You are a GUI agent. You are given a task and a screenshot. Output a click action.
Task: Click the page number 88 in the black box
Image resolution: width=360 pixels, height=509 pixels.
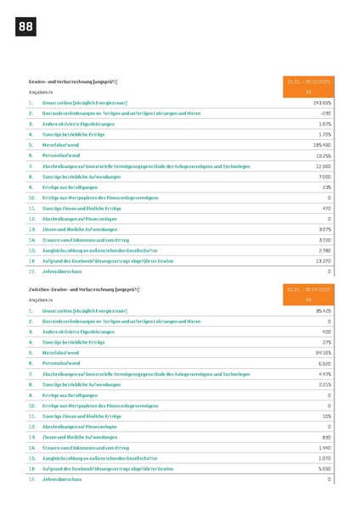click(x=25, y=27)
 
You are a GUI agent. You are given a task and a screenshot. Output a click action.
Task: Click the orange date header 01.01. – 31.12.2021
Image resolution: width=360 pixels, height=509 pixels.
click(x=309, y=81)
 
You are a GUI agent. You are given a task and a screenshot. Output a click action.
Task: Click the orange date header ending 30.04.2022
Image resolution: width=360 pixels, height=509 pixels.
click(x=309, y=289)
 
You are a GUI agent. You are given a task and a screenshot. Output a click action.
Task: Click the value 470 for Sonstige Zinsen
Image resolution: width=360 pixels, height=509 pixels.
click(x=326, y=208)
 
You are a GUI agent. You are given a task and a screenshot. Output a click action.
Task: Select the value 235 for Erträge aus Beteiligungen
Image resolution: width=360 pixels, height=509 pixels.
click(x=326, y=187)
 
